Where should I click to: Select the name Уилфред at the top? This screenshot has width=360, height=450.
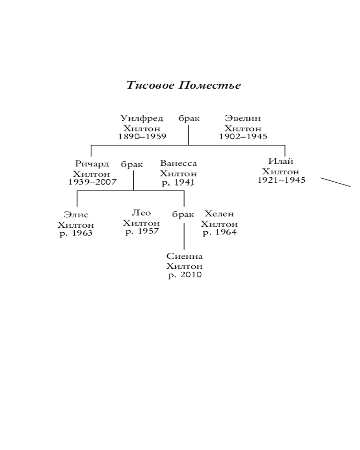coord(142,118)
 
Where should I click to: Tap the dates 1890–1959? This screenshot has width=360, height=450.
coord(142,136)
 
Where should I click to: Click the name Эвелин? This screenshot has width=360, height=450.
coord(243,118)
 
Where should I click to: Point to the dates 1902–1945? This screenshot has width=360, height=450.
coord(243,136)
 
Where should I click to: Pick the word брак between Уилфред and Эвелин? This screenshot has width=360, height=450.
coord(189,119)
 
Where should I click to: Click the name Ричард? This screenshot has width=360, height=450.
coord(92,164)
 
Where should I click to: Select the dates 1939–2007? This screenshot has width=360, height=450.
coord(92,182)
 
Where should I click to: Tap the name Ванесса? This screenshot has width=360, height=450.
coord(178,163)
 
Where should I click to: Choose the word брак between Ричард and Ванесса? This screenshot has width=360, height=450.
coord(132,165)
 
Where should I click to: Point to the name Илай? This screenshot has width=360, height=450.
coord(281,162)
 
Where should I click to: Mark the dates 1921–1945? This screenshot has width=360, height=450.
coord(281,180)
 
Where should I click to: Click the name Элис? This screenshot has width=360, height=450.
coord(76,215)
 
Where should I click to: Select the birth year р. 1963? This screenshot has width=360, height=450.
coord(76,234)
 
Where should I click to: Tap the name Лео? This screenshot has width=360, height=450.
coord(141,213)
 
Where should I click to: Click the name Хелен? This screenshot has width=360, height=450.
coord(219,214)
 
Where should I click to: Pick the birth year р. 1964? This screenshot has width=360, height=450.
coord(220,233)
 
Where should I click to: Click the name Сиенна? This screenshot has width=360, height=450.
coord(184,256)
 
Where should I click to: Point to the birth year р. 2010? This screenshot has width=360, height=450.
coord(185,275)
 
